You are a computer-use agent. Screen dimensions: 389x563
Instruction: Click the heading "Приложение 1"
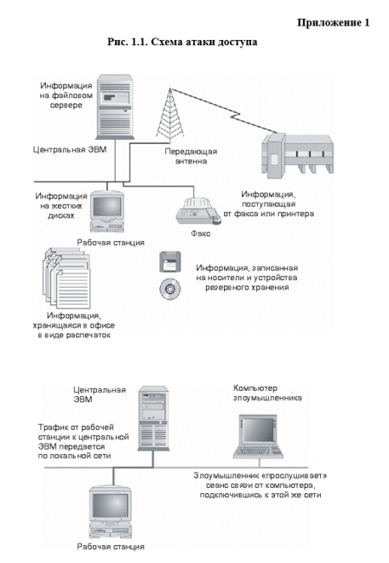[333, 23]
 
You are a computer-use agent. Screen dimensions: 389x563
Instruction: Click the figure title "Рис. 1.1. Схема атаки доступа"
[182, 42]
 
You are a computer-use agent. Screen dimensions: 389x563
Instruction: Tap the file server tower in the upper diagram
[115, 106]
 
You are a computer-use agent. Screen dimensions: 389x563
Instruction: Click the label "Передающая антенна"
[191, 156]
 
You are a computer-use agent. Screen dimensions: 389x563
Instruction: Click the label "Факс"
[201, 233]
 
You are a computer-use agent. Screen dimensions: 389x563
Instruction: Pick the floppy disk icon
[169, 261]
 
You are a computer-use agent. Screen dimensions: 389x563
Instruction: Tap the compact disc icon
[169, 289]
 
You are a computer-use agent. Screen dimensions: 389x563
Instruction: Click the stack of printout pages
[66, 278]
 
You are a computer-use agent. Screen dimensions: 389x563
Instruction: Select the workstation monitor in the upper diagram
[107, 211]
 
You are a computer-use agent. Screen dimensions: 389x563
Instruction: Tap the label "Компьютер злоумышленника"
[267, 393]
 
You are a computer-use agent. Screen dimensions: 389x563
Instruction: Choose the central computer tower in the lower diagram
[153, 419]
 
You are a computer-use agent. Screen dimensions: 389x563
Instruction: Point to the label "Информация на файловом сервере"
[66, 95]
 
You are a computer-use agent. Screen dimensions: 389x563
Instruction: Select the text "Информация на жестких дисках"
[61, 206]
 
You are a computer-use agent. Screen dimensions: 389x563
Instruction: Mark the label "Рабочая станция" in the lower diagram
[111, 547]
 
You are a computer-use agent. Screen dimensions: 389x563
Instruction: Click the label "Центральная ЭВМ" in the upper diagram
[70, 149]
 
